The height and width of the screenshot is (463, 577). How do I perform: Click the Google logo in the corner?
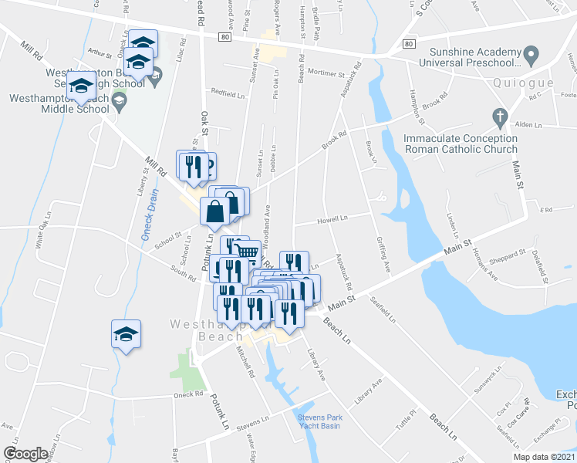tap(25, 454)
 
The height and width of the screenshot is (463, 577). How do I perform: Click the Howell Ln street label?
tap(332, 218)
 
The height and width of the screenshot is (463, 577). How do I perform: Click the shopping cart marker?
tap(247, 252)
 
